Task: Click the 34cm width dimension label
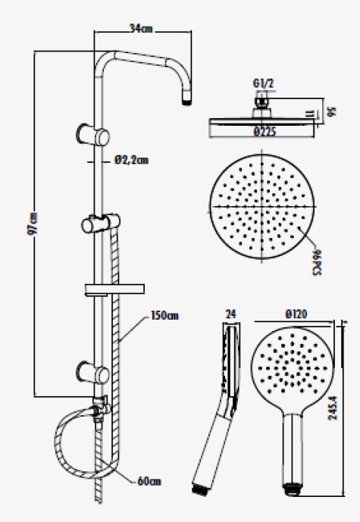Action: [x=141, y=29]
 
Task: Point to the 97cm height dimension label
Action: [x=33, y=223]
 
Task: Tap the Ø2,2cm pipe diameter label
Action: [x=132, y=160]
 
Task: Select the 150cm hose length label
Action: [x=164, y=315]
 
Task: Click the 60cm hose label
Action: [x=149, y=481]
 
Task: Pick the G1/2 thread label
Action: [x=264, y=83]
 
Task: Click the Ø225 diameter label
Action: [x=265, y=132]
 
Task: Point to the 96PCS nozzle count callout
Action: [x=317, y=262]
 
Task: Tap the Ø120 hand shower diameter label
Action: [x=296, y=314]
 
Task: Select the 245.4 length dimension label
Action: [x=333, y=408]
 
